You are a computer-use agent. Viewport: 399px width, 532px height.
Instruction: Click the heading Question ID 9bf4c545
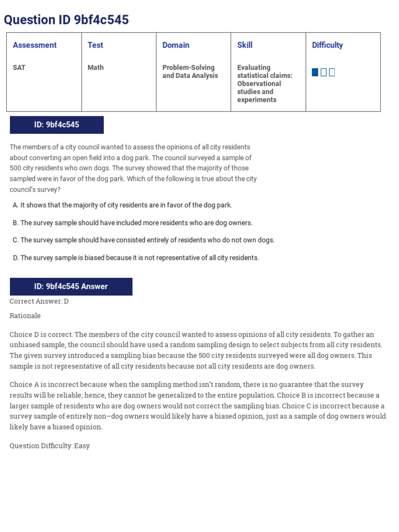point(66,20)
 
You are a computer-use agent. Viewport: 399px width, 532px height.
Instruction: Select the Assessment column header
point(35,45)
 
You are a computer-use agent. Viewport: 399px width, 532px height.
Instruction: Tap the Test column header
point(96,45)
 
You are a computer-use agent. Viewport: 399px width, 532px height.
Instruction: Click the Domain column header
point(176,45)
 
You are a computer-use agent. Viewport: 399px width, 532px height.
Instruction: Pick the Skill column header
point(245,45)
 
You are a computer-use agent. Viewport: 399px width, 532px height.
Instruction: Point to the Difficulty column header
point(327,45)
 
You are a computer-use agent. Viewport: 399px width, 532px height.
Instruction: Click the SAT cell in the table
point(19,68)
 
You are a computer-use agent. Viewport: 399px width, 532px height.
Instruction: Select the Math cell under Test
point(96,68)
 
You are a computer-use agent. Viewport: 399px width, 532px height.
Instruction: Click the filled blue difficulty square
point(315,72)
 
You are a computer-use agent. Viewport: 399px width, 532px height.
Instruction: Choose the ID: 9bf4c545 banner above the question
point(57,125)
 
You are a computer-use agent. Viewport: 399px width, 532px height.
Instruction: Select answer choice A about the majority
point(123,205)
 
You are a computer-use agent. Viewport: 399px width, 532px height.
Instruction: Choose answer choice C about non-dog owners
point(143,240)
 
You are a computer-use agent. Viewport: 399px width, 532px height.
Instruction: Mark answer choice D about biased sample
point(136,258)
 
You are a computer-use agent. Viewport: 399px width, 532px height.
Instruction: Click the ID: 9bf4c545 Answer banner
point(71,286)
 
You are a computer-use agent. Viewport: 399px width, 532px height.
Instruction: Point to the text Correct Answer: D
point(39,301)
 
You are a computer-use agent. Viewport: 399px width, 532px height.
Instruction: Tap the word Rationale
point(25,316)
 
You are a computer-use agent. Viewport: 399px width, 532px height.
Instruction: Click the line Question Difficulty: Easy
point(50,446)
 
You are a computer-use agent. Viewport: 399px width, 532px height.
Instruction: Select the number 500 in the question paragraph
point(16,168)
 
